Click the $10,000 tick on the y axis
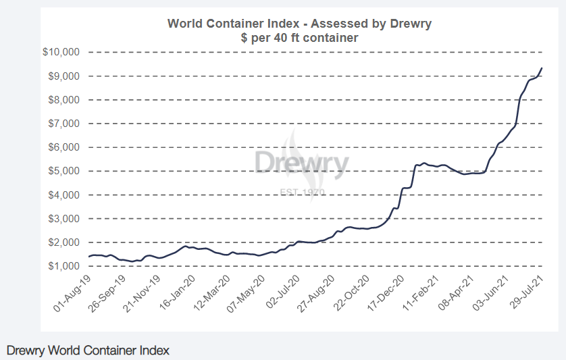[61, 52]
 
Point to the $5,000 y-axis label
[64, 171]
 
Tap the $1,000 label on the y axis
[64, 266]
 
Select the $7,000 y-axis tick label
[64, 124]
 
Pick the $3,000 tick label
[64, 219]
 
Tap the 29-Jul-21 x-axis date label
[527, 292]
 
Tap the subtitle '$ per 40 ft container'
[299, 38]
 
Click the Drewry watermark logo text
[301, 163]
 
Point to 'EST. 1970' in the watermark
[302, 192]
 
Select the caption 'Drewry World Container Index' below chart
[88, 351]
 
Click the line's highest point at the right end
[542, 68]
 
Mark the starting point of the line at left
[89, 257]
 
